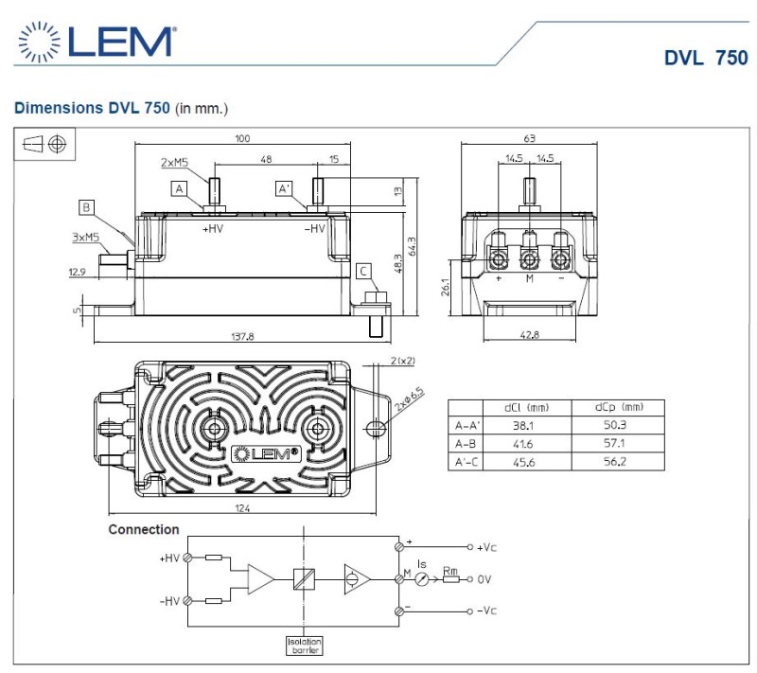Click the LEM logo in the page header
pos(95,43)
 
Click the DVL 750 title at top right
pos(706,58)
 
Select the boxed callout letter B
pos(86,207)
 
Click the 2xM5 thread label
pos(173,163)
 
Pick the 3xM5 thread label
pos(85,238)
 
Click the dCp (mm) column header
pos(618,408)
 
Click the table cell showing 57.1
pos(618,443)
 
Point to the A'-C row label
pos(465,461)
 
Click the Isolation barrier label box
pos(305,646)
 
